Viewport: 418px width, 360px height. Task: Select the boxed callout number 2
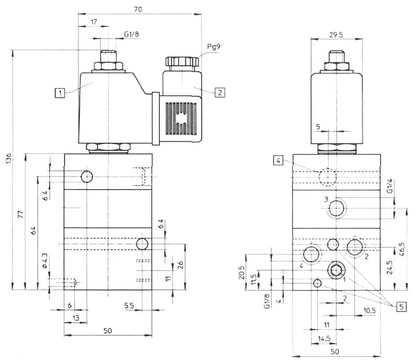[219, 93]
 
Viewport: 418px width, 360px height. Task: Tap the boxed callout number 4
[278, 160]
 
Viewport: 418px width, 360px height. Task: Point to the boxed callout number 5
[401, 307]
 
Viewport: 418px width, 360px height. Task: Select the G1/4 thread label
[389, 186]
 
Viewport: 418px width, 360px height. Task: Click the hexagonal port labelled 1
[335, 270]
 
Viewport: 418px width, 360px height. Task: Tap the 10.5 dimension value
[370, 310]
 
